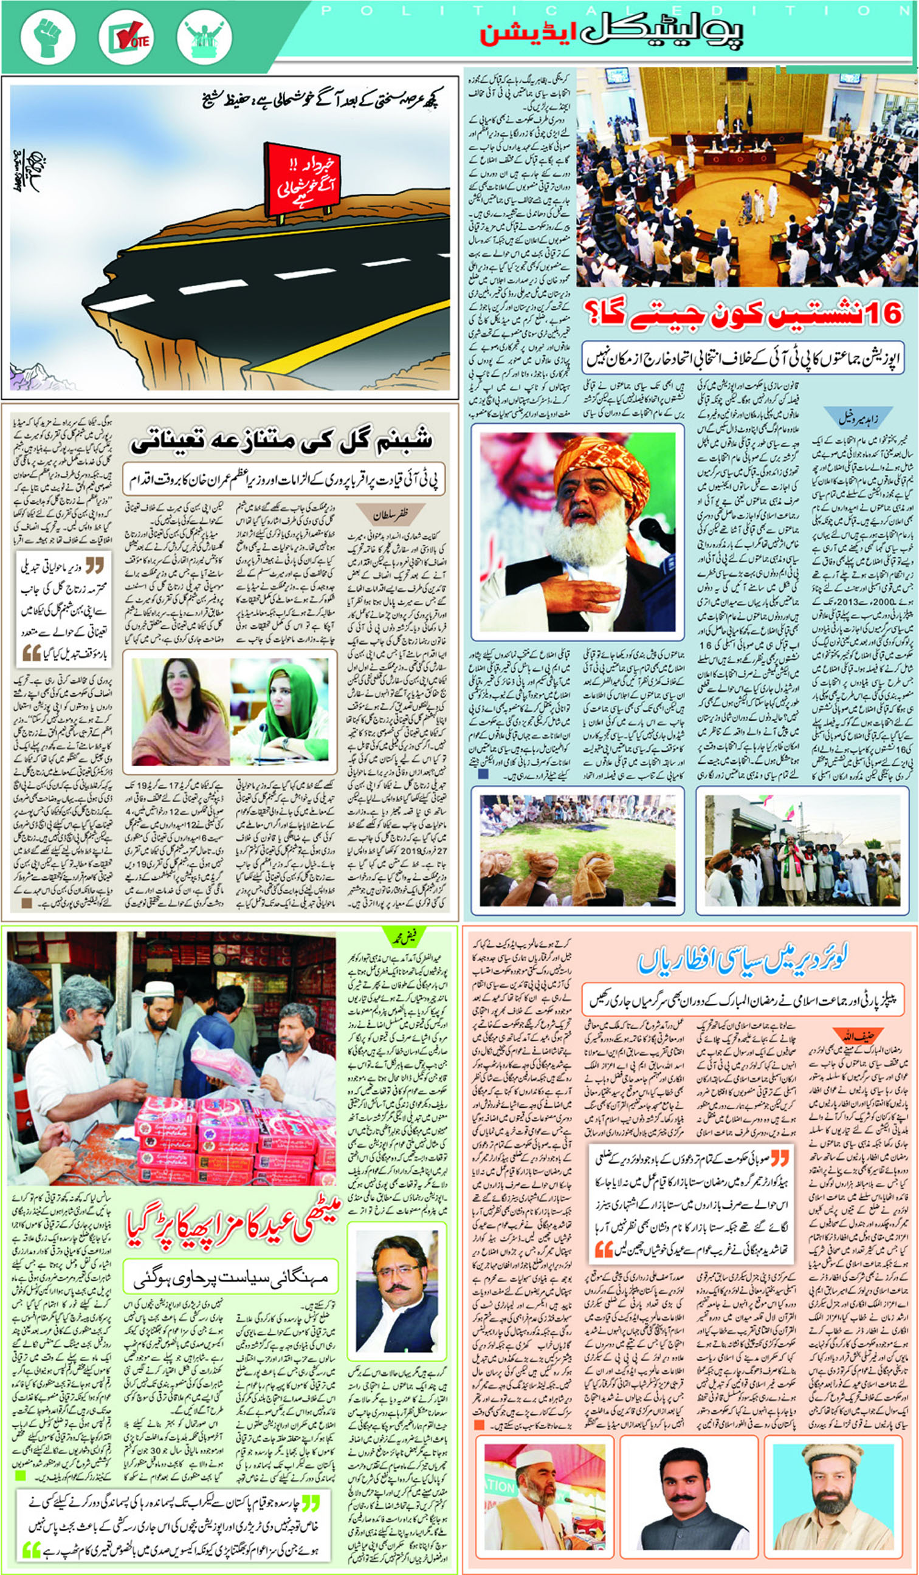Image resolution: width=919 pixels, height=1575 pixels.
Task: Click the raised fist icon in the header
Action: [48, 37]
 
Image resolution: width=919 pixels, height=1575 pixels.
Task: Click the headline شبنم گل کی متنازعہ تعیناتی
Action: [281, 442]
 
